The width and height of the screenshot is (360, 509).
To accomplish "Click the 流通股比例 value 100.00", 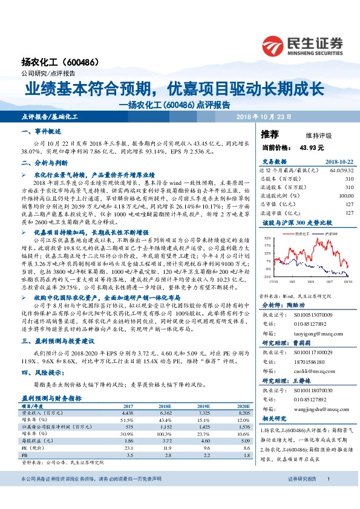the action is (346, 196).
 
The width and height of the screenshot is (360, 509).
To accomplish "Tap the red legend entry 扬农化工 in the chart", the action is (290, 232).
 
